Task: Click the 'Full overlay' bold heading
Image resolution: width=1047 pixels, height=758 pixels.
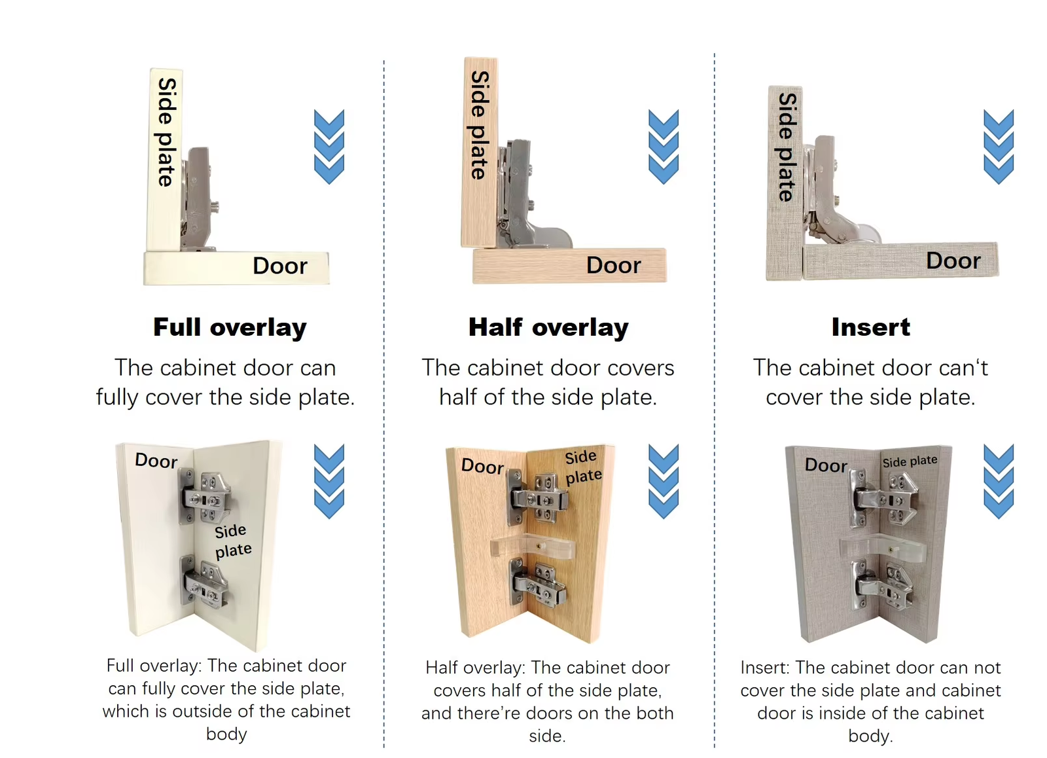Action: click(x=230, y=327)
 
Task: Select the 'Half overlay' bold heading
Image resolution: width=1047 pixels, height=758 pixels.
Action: click(x=548, y=327)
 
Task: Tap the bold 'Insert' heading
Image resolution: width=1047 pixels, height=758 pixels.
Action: click(x=871, y=327)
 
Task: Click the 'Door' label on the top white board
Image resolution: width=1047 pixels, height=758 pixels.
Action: click(x=280, y=266)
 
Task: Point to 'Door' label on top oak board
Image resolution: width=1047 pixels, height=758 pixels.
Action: click(x=613, y=265)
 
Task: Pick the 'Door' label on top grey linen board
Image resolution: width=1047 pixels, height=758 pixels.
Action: click(x=953, y=261)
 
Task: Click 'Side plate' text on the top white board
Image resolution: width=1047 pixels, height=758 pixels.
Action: click(x=166, y=132)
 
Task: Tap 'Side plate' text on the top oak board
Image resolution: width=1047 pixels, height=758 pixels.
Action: click(x=480, y=125)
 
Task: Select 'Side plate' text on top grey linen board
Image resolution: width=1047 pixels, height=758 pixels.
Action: click(x=787, y=147)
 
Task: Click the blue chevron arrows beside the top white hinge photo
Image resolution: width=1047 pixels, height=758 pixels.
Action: click(x=329, y=147)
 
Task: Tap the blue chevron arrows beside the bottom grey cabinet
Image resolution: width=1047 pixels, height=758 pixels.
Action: click(x=999, y=481)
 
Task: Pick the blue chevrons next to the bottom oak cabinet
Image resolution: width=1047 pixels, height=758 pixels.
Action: click(x=664, y=481)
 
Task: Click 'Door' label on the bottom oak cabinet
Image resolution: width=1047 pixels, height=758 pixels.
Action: click(x=482, y=467)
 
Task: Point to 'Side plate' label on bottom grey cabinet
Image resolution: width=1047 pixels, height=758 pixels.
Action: click(x=910, y=461)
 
